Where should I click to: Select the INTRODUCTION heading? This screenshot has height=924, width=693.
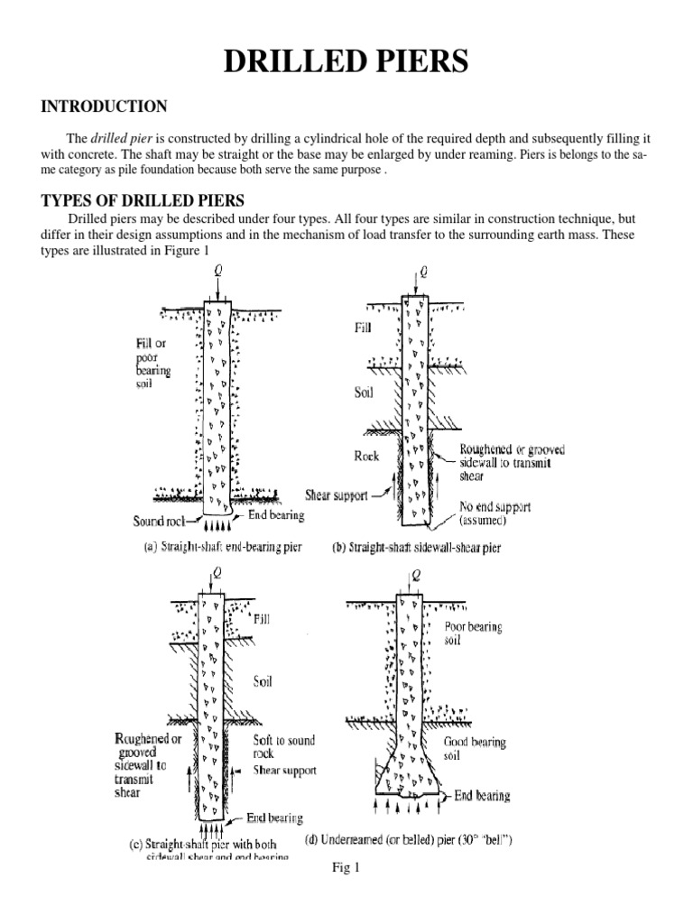coord(104,107)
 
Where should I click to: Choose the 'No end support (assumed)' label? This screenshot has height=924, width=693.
coord(495,513)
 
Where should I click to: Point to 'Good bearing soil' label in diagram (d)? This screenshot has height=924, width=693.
coord(475,748)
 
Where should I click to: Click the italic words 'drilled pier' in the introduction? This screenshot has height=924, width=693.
coord(119,138)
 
